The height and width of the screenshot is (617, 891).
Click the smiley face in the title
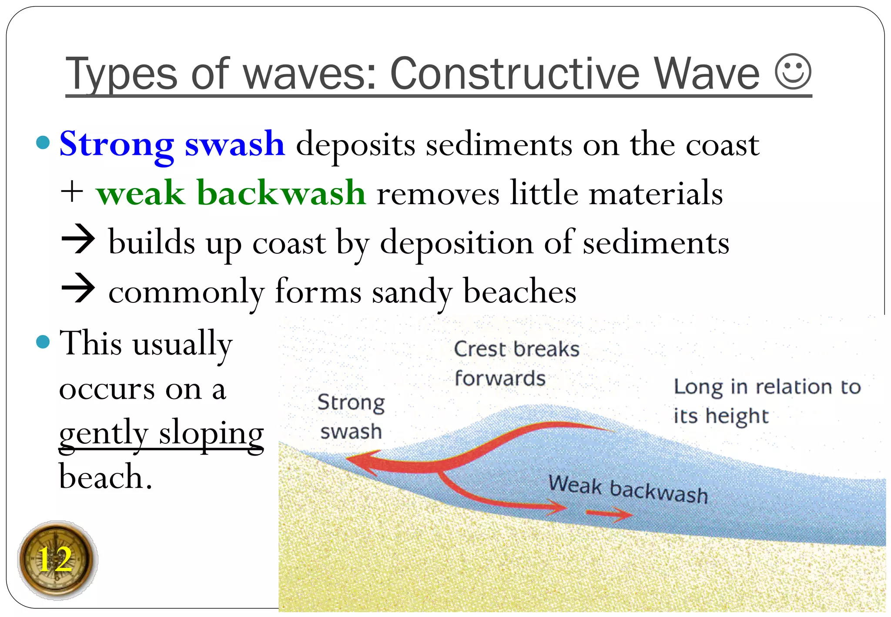793,72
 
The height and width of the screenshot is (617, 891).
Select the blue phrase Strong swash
172,144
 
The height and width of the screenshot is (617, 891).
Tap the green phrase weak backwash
231,193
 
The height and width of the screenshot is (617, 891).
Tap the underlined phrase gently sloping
161,433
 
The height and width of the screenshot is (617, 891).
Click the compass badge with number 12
57,560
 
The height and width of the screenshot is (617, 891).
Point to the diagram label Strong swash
351,417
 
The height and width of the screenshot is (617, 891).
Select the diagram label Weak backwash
627,490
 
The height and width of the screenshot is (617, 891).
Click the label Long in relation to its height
767,401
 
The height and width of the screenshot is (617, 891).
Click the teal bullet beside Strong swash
43,143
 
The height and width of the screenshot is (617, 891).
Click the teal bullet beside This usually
43,342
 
